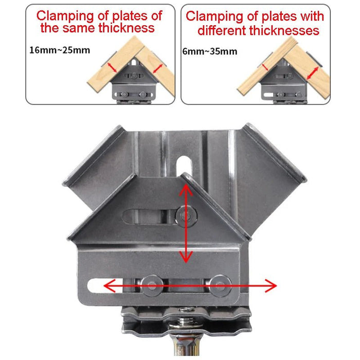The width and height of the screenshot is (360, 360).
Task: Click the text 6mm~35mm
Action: (x=210, y=51)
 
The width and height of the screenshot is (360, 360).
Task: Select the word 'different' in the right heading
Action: (x=222, y=31)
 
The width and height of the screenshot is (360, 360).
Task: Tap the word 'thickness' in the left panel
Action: (x=127, y=28)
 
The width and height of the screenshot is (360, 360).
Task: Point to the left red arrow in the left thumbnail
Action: (x=112, y=66)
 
